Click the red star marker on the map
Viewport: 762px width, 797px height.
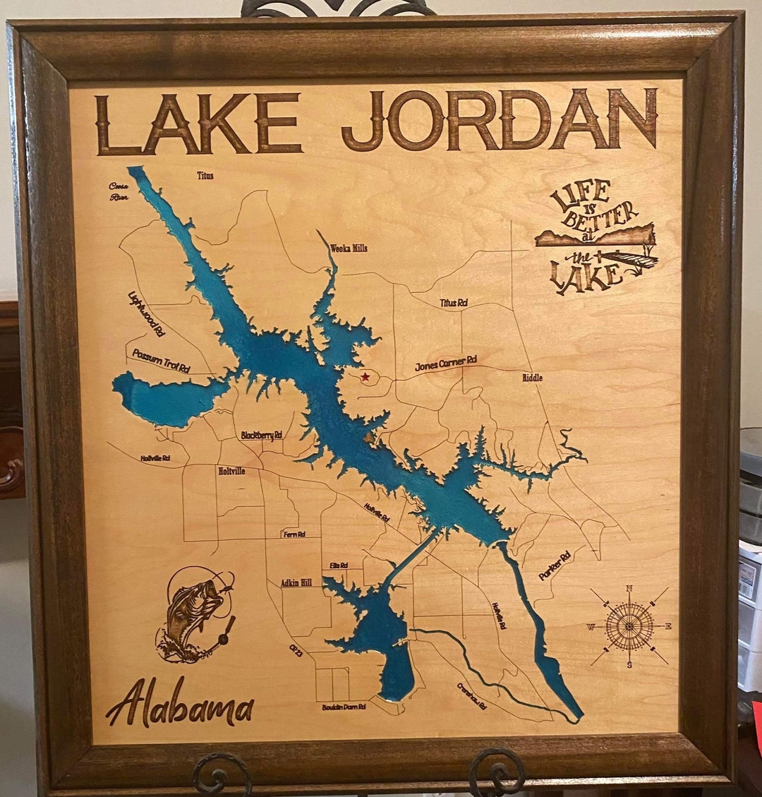[365, 377]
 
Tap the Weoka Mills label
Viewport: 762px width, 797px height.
[349, 248]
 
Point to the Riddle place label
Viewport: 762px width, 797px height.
[533, 378]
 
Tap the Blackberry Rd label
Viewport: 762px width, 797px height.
[261, 436]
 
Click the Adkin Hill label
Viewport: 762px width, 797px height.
[296, 583]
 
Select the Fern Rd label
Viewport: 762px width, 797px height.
[294, 534]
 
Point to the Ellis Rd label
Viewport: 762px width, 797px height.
[339, 565]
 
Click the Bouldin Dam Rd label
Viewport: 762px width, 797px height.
[344, 707]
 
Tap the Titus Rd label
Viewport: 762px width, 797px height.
[454, 303]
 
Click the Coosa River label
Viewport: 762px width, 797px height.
[118, 191]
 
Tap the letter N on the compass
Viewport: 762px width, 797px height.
[629, 589]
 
